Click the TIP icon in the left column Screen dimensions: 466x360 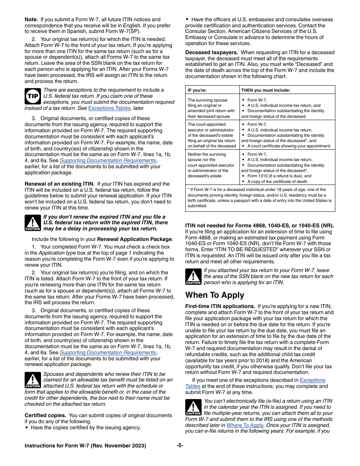point(33,96)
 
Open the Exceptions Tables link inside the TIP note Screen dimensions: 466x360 point(109,108)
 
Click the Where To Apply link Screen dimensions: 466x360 point(245,425)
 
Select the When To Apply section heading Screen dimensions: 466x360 point(214,295)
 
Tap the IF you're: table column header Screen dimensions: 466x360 point(200,90)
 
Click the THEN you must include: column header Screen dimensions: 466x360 point(266,90)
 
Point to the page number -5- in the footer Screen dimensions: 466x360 point(180,446)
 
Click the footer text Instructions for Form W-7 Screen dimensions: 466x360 point(85,446)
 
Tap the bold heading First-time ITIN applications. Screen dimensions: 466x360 point(220,306)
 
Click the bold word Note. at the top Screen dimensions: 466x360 point(31,19)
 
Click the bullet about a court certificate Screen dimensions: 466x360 point(289,146)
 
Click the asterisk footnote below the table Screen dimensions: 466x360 point(260,198)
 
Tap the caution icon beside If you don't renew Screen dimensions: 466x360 point(33,223)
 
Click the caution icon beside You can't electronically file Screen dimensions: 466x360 point(193,407)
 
